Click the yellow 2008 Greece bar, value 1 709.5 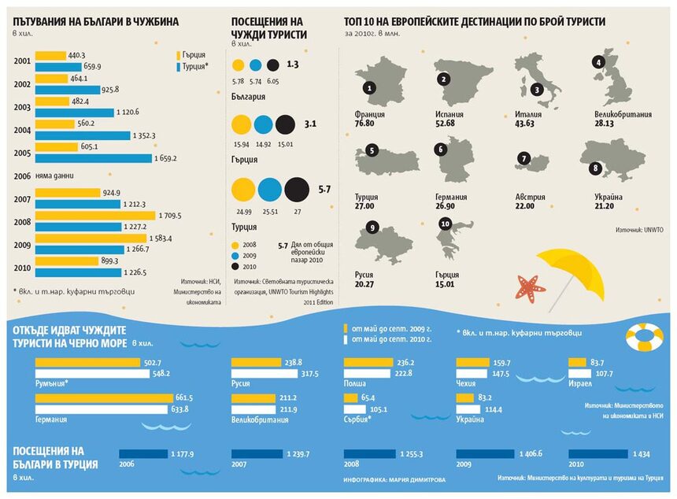pos(94,215)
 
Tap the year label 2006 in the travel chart pos(22,177)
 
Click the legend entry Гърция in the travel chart pos(192,55)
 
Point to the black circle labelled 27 pos(297,189)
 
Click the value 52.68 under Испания pos(446,123)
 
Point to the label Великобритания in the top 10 pos(623,114)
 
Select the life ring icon pos(645,337)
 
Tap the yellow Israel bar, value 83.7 pos(577,362)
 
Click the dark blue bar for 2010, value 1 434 pos(597,453)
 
